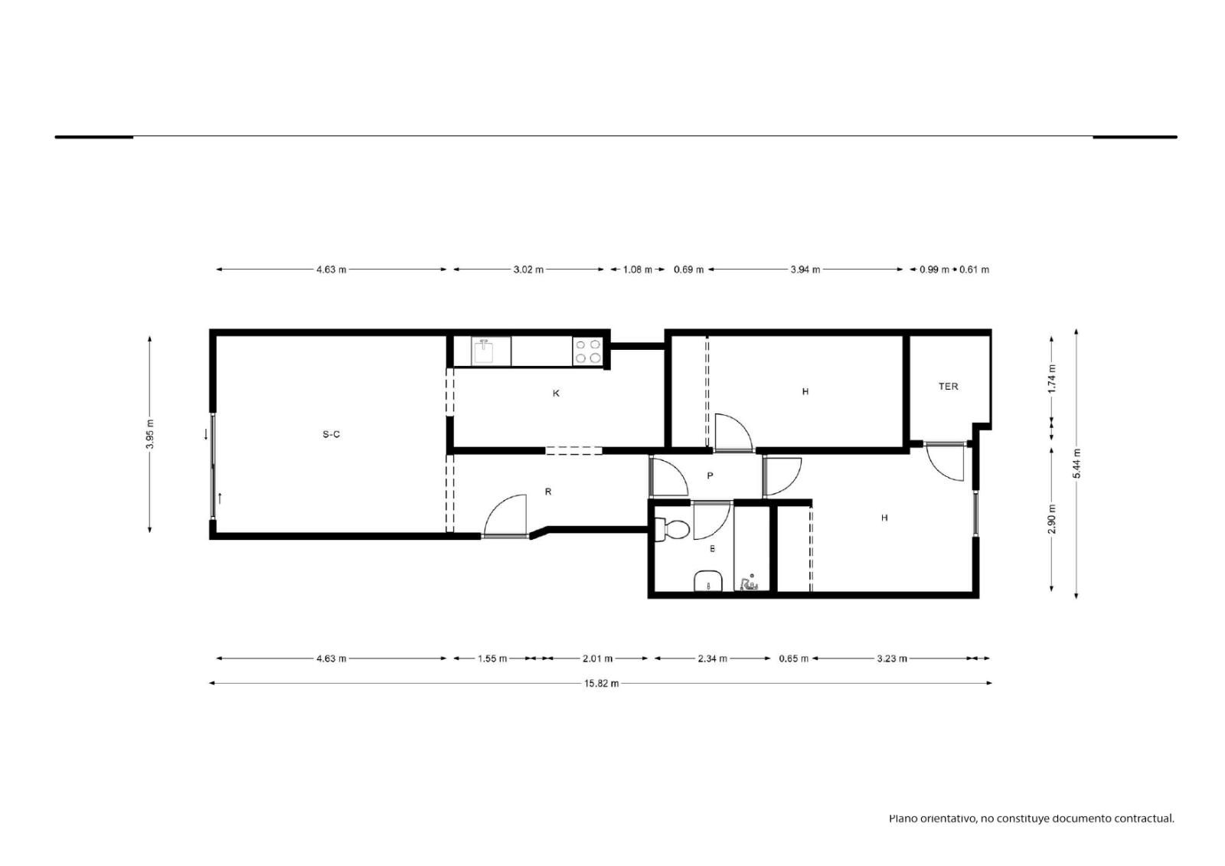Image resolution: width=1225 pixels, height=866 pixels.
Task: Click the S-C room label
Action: [x=331, y=434]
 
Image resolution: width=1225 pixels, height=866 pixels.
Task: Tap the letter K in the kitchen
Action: [x=556, y=394]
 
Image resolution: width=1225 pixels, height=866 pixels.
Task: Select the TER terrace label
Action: [x=949, y=386]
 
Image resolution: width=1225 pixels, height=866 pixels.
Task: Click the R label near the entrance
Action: [x=548, y=492]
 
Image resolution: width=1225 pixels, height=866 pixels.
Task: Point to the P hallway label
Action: [x=710, y=476]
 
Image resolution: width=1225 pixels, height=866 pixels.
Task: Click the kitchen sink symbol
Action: [x=484, y=351]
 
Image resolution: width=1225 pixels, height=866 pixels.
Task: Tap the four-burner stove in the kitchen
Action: [x=587, y=351]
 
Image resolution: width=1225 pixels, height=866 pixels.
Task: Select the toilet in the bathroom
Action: [x=672, y=530]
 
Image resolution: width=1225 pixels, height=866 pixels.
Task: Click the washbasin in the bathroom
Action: [x=708, y=581]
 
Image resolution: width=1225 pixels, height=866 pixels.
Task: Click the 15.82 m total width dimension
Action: [x=602, y=683]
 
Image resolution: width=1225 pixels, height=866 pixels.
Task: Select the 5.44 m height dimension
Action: [x=1076, y=463]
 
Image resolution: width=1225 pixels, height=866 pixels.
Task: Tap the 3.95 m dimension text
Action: [x=150, y=434]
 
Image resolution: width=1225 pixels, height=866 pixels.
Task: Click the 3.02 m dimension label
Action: [x=528, y=270]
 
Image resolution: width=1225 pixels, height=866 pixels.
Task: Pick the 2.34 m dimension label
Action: [x=713, y=658]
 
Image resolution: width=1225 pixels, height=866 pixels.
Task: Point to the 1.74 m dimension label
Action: [x=1053, y=378]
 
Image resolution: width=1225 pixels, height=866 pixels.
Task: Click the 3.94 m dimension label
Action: [x=805, y=270]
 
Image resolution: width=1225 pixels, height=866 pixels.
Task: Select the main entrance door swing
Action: [x=505, y=515]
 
